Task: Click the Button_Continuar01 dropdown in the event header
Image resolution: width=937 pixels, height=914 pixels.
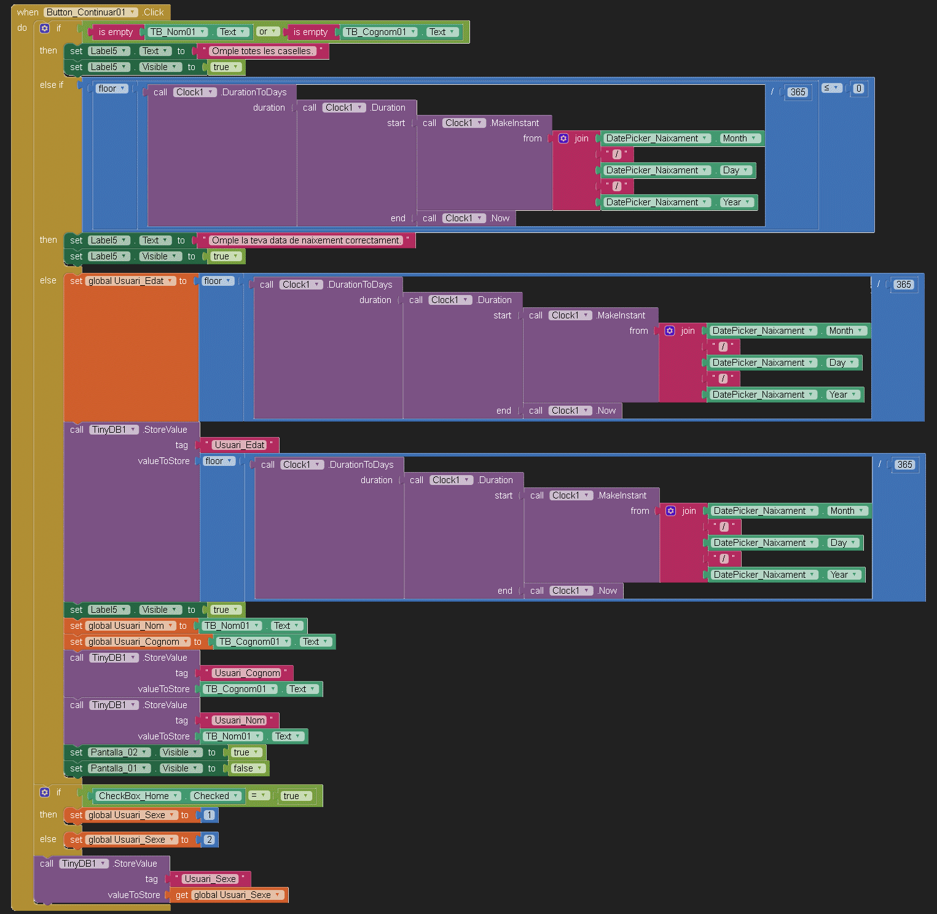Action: point(91,12)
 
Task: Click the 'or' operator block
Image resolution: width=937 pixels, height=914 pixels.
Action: point(267,31)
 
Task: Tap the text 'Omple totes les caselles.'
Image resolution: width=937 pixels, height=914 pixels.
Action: point(262,51)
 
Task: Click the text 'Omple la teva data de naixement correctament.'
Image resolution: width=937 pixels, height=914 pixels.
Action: point(306,240)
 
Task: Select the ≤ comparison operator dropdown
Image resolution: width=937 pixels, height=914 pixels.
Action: point(831,88)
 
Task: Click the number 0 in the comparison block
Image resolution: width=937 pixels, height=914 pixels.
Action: point(859,89)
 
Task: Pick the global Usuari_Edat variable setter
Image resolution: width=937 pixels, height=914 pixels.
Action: point(130,281)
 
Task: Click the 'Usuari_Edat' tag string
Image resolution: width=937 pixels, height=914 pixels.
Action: point(239,445)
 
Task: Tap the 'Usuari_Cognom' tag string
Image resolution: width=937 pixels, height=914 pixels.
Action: point(247,673)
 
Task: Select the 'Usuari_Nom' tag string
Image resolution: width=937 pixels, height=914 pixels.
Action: point(240,720)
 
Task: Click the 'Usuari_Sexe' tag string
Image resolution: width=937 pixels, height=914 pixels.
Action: point(210,879)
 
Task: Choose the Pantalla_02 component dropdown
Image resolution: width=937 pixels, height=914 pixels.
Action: point(119,752)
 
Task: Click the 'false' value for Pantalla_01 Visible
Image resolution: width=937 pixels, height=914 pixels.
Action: point(247,768)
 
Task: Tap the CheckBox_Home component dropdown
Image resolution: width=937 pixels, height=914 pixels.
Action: point(138,796)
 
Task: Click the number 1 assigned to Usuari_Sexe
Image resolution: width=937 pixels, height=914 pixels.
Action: point(209,815)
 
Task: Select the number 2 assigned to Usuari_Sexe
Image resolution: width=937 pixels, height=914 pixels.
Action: point(209,840)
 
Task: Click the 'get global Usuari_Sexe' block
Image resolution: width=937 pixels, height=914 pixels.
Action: point(229,895)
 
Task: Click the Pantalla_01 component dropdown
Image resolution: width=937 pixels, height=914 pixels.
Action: point(119,768)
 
